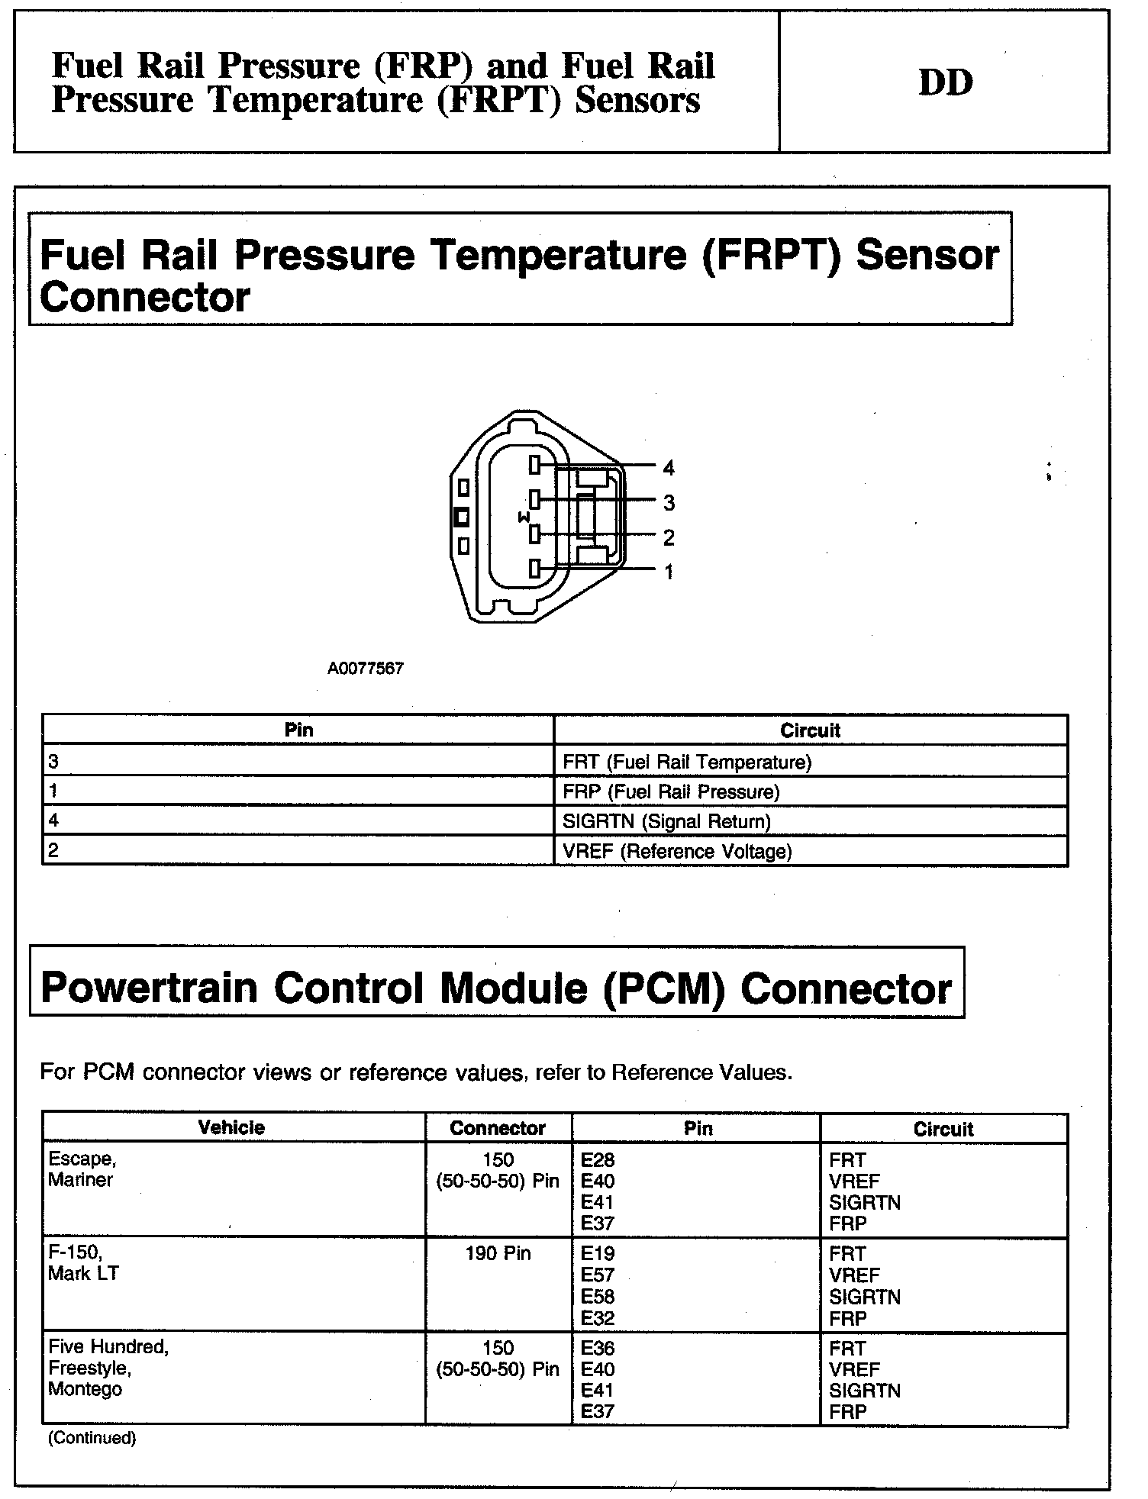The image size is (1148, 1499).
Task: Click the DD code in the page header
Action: pos(945,82)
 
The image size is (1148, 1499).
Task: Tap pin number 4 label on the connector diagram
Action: pos(669,467)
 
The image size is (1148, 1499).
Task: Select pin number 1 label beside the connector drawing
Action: pos(669,572)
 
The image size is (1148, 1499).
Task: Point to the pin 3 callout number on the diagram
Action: pos(669,502)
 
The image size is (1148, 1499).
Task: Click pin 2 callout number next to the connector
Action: pos(669,537)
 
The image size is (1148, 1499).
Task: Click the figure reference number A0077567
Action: pos(366,669)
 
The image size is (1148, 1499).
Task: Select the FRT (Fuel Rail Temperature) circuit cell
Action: pos(687,762)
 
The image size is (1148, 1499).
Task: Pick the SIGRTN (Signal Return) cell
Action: pos(666,821)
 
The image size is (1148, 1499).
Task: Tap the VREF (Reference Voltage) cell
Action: pos(677,851)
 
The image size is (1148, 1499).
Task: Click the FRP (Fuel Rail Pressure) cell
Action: pos(671,791)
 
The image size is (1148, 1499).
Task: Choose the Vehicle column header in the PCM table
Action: pos(231,1127)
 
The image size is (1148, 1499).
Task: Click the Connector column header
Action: pos(498,1128)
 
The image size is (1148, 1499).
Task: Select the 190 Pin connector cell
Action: pos(498,1253)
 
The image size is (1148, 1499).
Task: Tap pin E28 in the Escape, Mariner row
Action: pos(597,1160)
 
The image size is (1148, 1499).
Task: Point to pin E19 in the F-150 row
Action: pos(597,1254)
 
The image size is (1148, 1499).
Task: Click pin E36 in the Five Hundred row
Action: pos(597,1348)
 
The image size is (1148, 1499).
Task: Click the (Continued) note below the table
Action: pos(92,1438)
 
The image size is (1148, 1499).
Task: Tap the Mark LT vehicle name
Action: pos(83,1273)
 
